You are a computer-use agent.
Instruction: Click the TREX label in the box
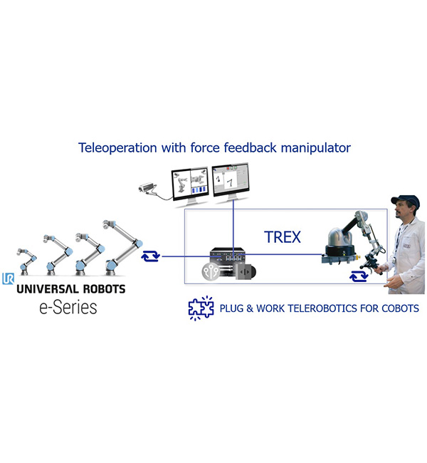(x=283, y=237)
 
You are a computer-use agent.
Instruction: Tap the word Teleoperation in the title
(x=117, y=148)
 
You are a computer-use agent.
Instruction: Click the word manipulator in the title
(x=316, y=147)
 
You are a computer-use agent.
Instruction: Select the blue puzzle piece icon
(x=201, y=308)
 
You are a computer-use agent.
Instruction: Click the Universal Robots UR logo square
(x=8, y=279)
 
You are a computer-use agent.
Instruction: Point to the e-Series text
(x=68, y=308)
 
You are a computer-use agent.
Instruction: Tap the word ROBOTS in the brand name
(x=104, y=288)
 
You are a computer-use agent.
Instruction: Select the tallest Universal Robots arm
(x=122, y=247)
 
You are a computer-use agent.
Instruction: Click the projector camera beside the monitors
(x=147, y=188)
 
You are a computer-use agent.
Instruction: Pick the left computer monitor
(x=190, y=187)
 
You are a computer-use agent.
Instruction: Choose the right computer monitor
(x=231, y=183)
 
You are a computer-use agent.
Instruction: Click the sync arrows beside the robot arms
(x=150, y=256)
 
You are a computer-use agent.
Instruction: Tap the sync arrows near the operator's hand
(x=359, y=276)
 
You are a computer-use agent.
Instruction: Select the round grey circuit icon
(x=211, y=271)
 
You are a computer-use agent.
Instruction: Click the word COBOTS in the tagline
(x=400, y=308)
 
